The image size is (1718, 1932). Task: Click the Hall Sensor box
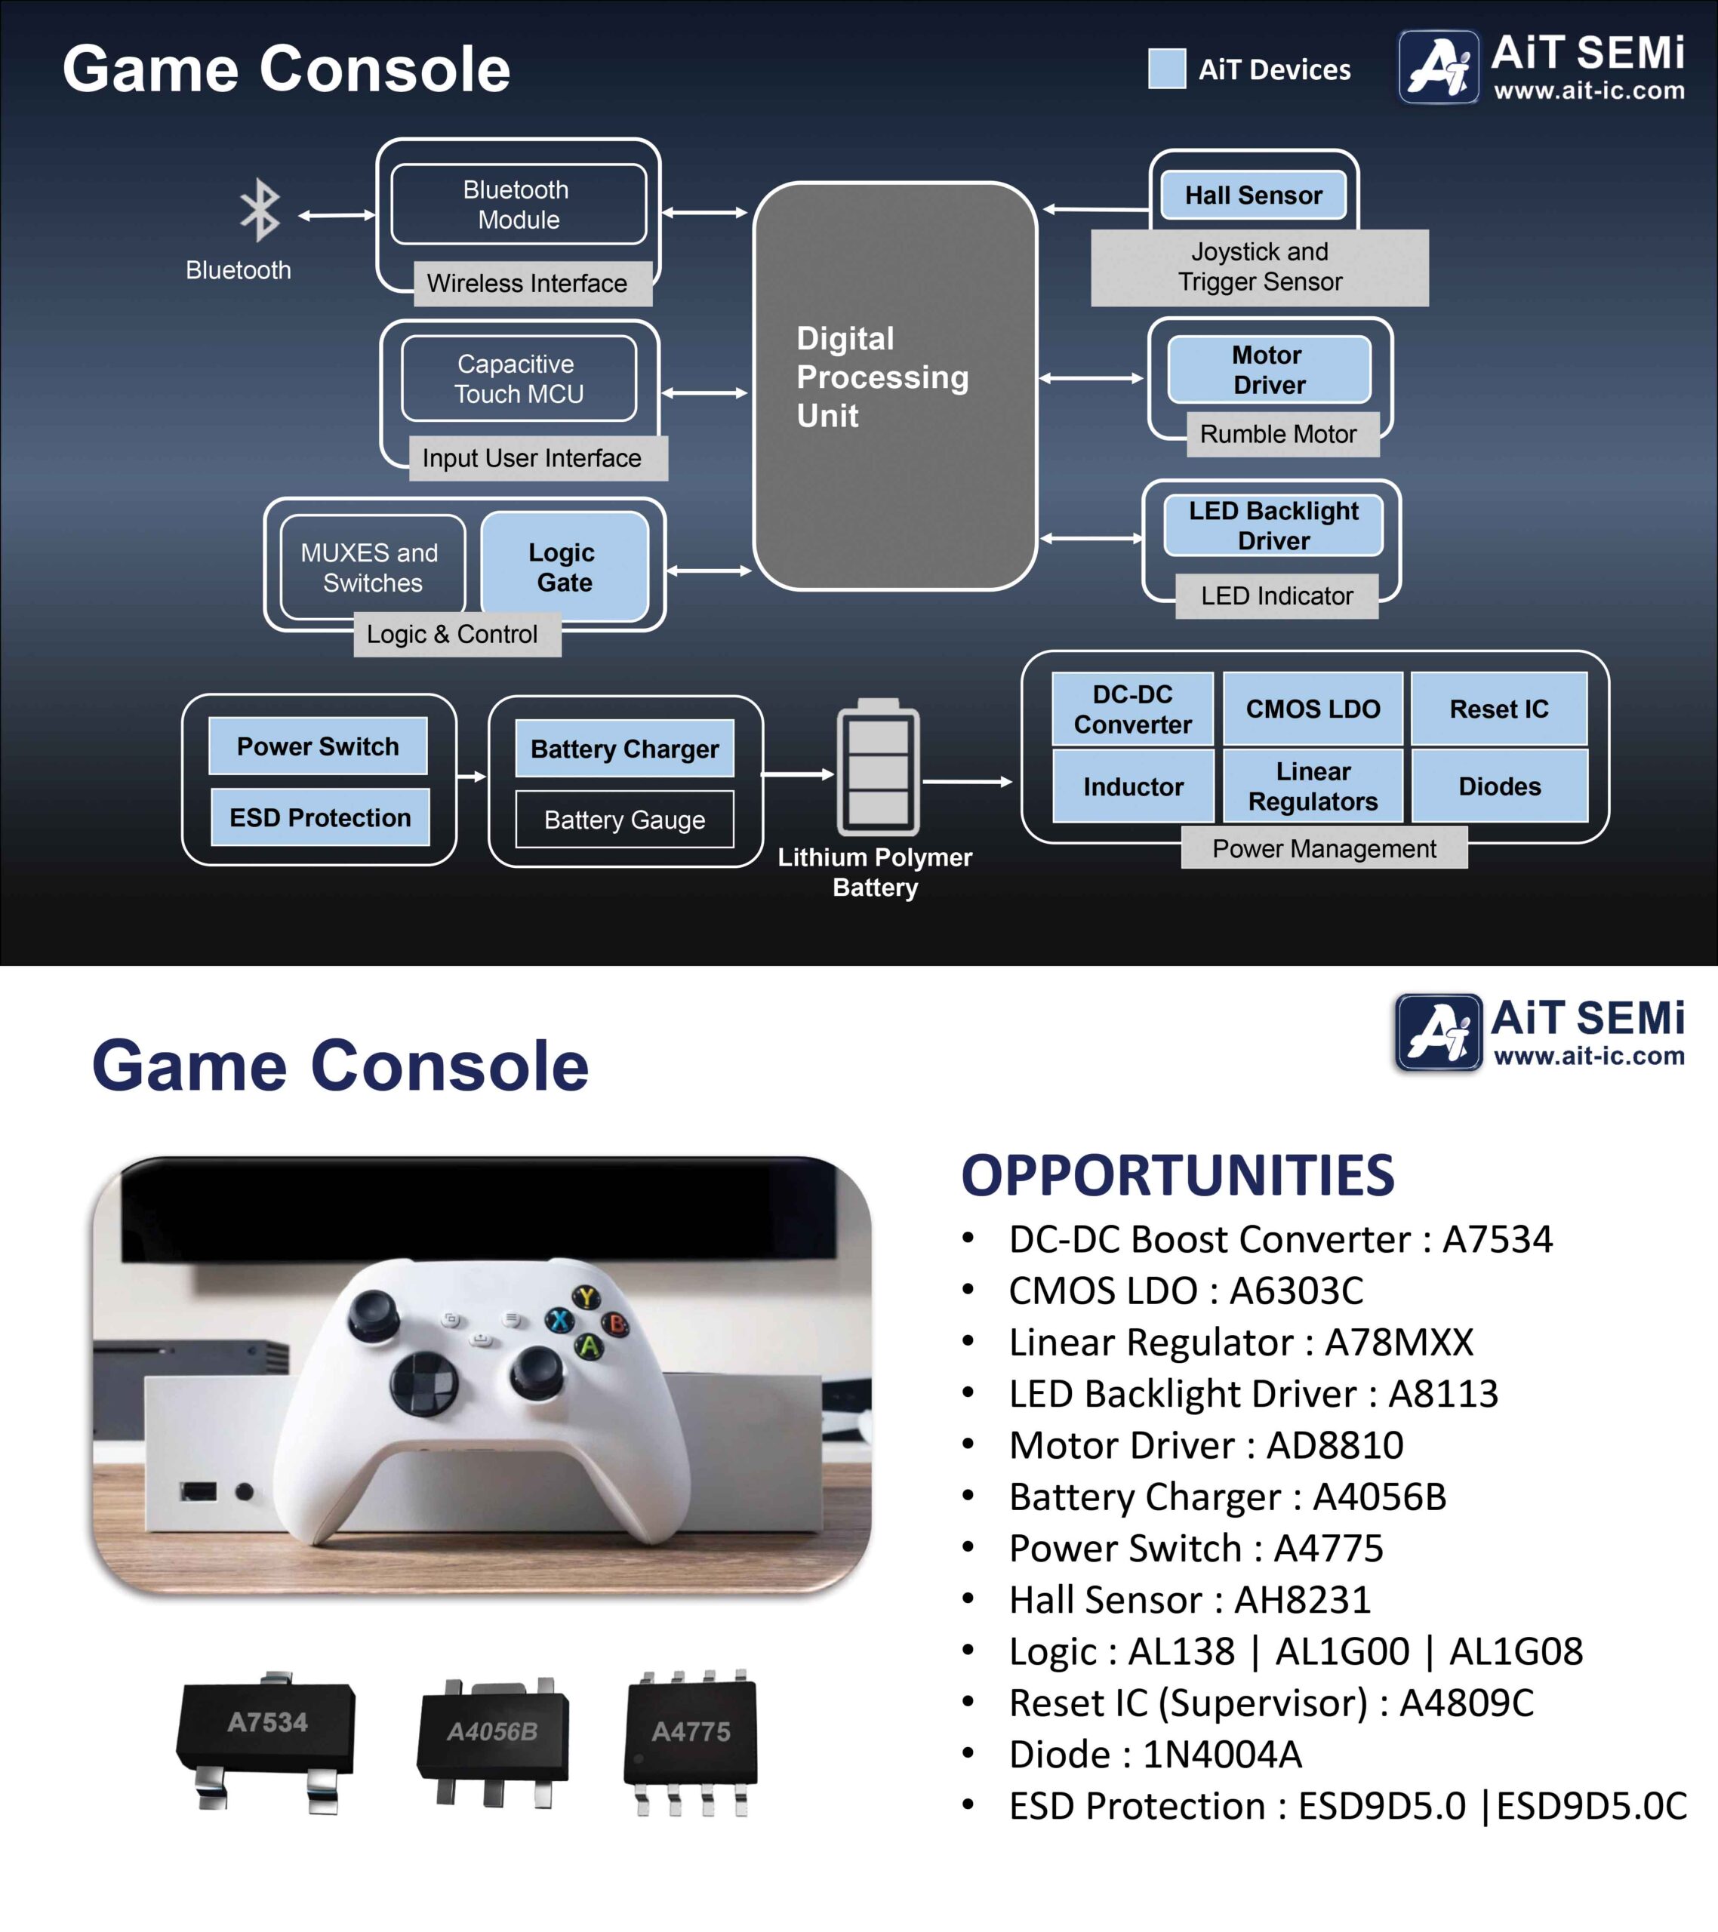[x=1254, y=195]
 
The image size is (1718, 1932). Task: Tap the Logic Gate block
[x=565, y=567]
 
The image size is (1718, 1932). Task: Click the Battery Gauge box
[x=624, y=820]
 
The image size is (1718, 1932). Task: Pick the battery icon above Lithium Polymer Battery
[x=877, y=768]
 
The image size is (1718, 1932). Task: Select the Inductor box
[x=1133, y=786]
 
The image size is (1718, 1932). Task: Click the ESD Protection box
[x=319, y=817]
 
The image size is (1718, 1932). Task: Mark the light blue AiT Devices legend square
[x=1167, y=69]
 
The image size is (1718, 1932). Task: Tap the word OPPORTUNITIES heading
[x=1178, y=1175]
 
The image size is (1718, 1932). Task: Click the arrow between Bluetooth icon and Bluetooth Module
[x=337, y=216]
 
